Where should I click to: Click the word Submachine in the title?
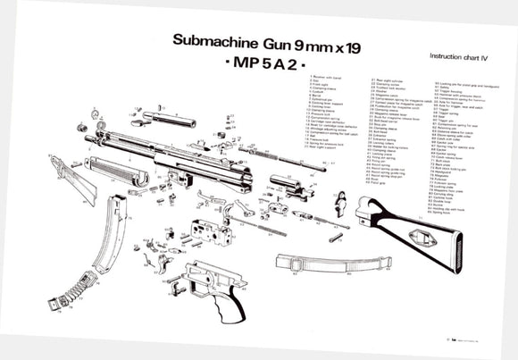coord(203,41)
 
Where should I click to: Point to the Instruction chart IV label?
coord(461,55)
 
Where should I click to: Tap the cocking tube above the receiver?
coord(165,115)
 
